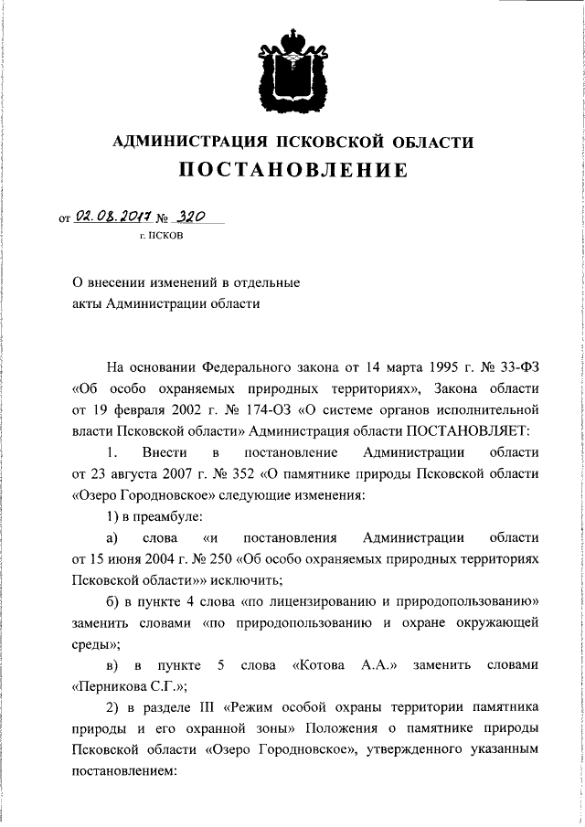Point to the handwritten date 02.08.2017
(108, 217)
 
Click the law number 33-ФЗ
(505, 367)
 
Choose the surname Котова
(319, 664)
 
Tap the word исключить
(244, 579)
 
